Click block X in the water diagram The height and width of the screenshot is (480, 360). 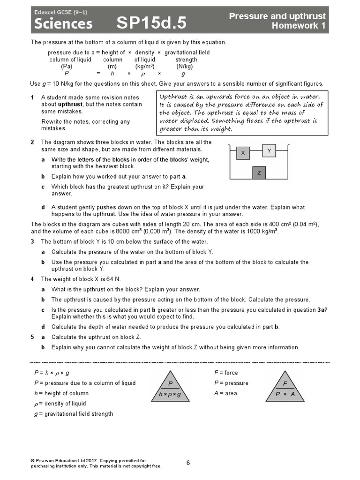[243, 153]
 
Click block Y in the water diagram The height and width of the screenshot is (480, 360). [269, 150]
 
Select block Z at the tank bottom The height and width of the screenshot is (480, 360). [259, 173]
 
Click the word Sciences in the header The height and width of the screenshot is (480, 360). [63, 23]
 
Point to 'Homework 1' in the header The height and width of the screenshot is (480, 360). [299, 26]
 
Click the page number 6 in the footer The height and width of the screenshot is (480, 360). [188, 463]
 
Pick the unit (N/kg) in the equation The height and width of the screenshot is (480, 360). [184, 67]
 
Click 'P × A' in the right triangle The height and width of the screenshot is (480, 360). [285, 394]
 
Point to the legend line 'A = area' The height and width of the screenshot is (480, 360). [225, 393]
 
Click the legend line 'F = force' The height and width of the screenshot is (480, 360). [226, 373]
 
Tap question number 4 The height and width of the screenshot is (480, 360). [32, 279]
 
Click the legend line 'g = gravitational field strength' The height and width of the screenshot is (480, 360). [73, 414]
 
